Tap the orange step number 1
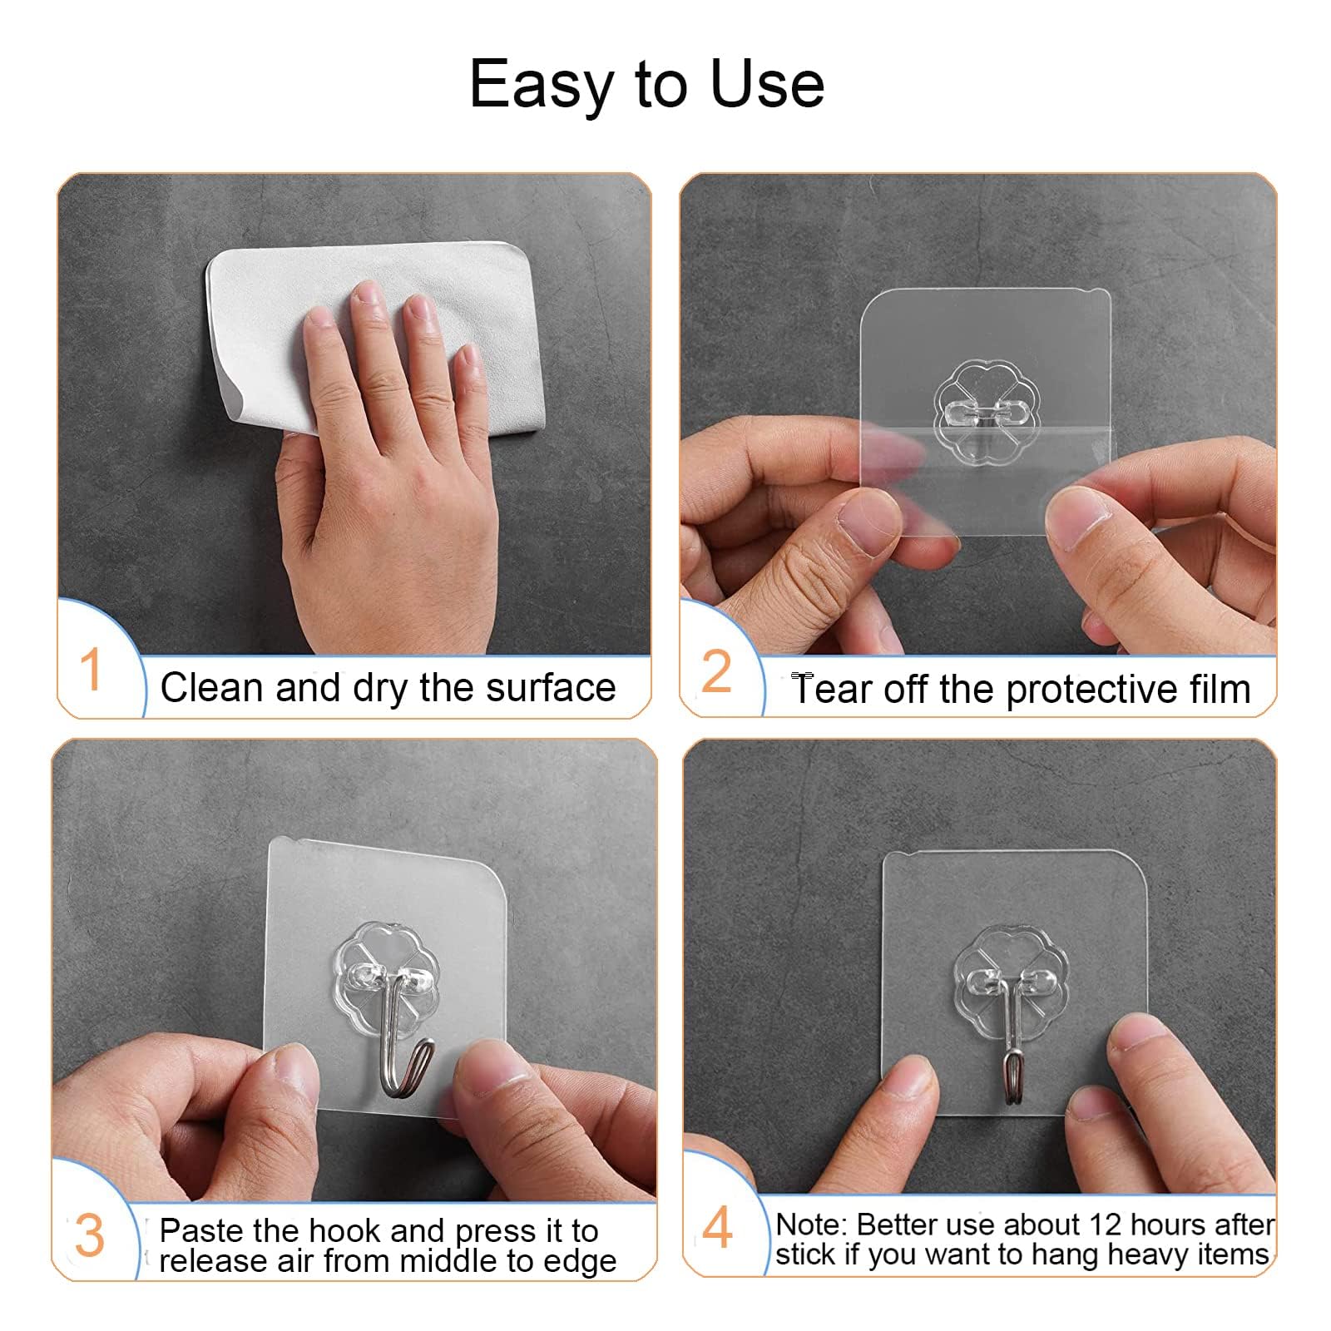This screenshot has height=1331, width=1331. [x=91, y=670]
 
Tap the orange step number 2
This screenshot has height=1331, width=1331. [x=716, y=671]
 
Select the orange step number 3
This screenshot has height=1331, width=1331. [x=90, y=1236]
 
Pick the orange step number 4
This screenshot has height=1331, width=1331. [x=717, y=1228]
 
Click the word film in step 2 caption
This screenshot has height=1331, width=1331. [x=1220, y=690]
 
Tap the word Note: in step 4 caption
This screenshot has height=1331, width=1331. [x=811, y=1225]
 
